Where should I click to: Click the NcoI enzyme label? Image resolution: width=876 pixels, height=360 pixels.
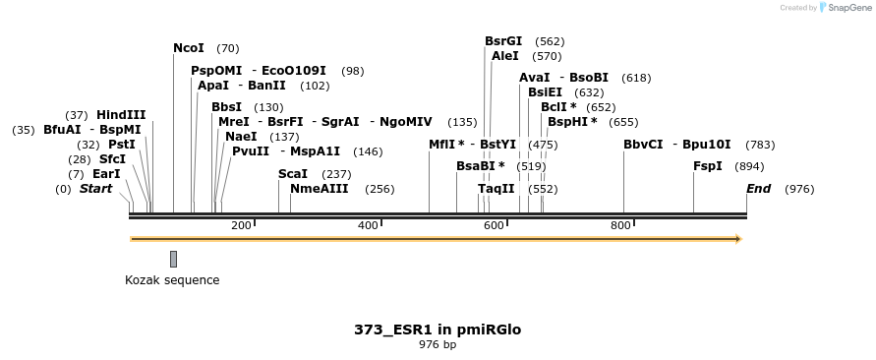[x=188, y=48]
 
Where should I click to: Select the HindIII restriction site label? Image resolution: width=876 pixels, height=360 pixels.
[x=121, y=115]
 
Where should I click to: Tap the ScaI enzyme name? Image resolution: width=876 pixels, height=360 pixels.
[x=293, y=174]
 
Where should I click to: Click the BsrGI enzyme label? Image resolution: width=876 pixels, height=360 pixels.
[x=503, y=41]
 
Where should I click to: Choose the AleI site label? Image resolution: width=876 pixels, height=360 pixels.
[x=504, y=56]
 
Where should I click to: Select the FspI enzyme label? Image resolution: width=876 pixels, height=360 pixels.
[x=708, y=166]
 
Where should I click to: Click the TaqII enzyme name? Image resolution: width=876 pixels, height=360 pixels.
[x=496, y=188]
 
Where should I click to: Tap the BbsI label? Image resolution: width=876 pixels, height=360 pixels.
[x=226, y=107]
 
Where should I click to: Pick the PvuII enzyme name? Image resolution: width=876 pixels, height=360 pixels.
[x=251, y=151]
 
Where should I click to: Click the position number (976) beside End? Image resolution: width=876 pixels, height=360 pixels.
[x=799, y=189]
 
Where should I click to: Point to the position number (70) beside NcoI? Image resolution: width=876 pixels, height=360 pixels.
[x=227, y=48]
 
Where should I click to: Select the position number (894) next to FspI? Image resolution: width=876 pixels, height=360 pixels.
[x=749, y=167]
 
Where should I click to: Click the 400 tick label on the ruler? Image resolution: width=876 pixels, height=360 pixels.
[x=368, y=226]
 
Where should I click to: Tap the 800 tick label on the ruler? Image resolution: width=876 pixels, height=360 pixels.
[x=620, y=226]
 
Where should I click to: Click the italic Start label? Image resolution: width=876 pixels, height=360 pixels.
[x=95, y=189]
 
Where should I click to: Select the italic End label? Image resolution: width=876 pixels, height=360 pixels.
[x=758, y=189]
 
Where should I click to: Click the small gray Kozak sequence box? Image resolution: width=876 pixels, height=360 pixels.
[x=174, y=259]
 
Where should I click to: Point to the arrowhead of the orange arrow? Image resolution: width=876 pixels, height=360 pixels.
[x=737, y=238]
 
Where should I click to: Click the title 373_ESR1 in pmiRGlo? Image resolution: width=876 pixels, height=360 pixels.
[x=438, y=330]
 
